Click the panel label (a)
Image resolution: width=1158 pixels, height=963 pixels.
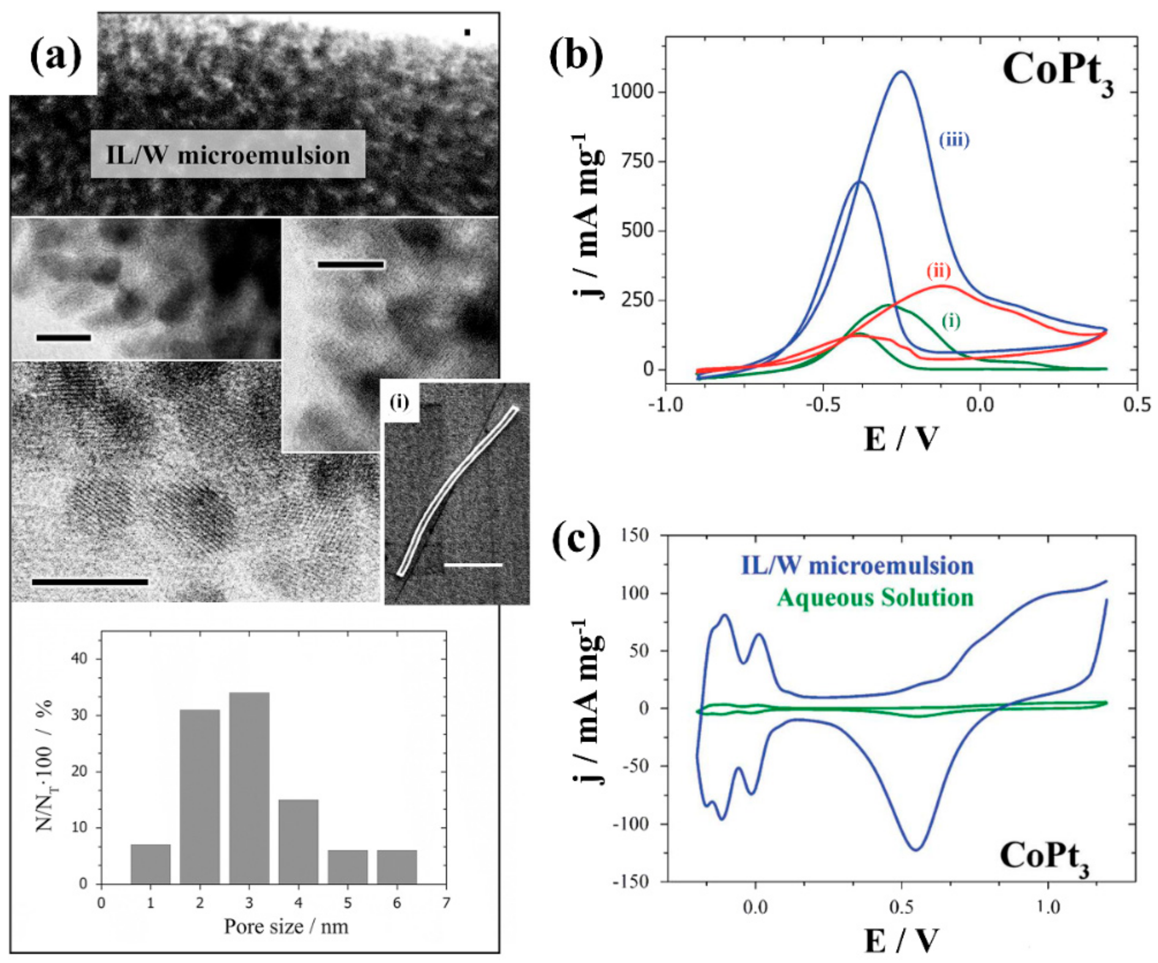tap(55, 57)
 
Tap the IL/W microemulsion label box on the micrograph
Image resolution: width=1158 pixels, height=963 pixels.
tap(228, 154)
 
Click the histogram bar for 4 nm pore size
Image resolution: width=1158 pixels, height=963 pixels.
tap(298, 842)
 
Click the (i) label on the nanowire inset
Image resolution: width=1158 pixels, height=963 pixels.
tap(399, 403)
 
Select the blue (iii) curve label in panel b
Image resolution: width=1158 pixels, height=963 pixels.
tap(954, 140)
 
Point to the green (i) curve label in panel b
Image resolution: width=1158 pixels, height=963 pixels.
tap(951, 321)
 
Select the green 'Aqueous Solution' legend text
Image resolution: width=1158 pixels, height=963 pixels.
tap(875, 598)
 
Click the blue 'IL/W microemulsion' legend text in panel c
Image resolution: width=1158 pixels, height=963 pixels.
tap(857, 566)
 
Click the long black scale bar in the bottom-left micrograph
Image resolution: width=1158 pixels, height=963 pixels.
tap(90, 582)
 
